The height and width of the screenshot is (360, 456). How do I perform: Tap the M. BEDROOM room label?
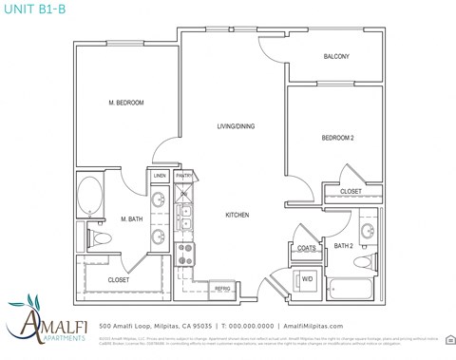126,103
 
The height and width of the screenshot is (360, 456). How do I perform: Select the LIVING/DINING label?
236,126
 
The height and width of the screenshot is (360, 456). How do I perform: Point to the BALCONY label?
336,57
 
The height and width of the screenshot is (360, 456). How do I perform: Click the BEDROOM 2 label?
337,139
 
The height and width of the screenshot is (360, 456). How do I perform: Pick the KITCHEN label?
237,216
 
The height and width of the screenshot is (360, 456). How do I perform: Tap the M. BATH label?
131,219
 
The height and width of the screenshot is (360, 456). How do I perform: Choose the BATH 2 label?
343,246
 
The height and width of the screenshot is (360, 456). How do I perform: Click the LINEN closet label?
160,176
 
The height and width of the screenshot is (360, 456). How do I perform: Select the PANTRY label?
184,176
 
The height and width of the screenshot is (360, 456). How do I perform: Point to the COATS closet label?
307,249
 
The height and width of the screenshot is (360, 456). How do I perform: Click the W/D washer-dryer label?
307,279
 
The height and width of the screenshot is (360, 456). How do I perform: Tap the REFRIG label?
222,288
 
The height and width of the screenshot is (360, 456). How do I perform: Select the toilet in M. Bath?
101,238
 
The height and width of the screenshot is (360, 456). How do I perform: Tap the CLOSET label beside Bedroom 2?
351,193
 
